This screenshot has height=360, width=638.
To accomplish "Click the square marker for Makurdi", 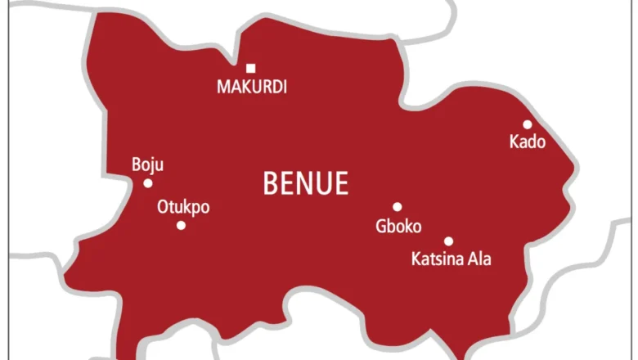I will click(250, 68).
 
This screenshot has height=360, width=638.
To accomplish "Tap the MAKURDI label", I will click(251, 87).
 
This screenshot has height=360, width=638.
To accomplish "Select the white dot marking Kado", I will click(528, 124).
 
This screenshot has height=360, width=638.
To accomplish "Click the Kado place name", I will click(527, 142).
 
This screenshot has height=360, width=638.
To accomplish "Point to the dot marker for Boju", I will click(148, 183).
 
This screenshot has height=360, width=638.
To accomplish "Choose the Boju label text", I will click(147, 165).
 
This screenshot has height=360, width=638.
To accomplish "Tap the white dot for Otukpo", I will click(181, 225).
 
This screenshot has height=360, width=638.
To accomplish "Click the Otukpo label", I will click(182, 207).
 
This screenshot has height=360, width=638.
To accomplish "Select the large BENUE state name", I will click(305, 184).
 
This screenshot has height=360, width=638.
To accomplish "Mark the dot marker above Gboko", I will click(398, 207).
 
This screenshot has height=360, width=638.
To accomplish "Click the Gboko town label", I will click(398, 226).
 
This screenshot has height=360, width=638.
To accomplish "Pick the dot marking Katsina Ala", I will click(448, 241).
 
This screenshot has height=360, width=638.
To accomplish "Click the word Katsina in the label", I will click(435, 260).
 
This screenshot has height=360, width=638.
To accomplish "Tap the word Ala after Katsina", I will click(479, 260).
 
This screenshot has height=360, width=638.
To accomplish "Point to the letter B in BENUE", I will click(270, 184).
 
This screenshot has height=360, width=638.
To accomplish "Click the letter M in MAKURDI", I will click(222, 87).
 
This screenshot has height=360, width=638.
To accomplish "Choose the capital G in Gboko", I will click(380, 226).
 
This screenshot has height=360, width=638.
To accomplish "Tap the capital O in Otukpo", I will click(162, 207).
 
